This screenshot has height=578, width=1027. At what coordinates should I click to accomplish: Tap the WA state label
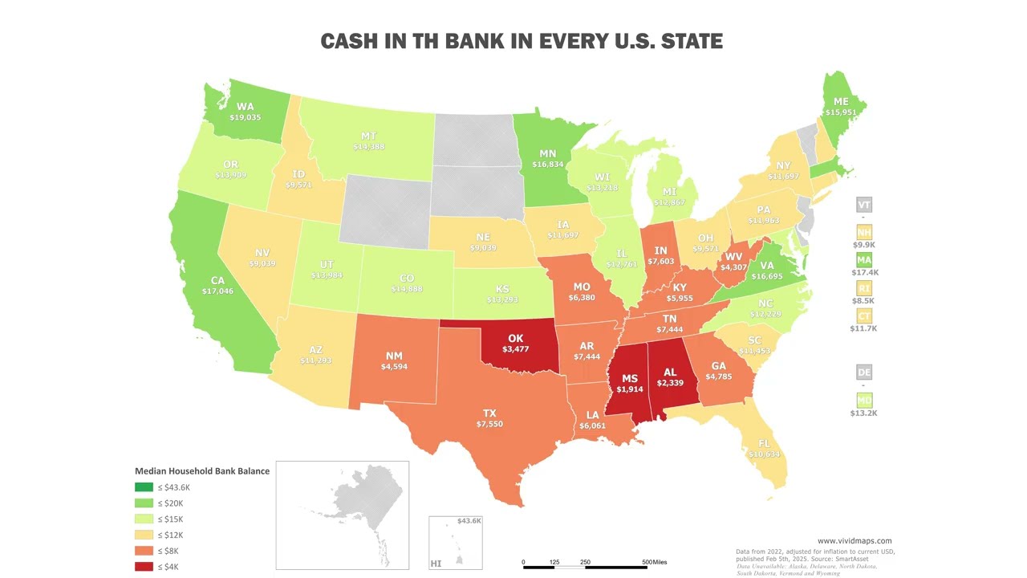click(x=245, y=106)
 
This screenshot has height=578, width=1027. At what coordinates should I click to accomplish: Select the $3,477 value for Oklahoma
click(x=515, y=349)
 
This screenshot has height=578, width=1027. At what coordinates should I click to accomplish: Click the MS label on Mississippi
click(x=630, y=378)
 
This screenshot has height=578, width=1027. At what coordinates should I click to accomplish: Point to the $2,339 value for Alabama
click(x=670, y=383)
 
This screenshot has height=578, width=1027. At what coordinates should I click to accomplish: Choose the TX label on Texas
click(x=489, y=413)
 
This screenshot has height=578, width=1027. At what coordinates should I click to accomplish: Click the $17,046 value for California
click(x=217, y=291)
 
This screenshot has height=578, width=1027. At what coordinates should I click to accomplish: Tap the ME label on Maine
click(x=841, y=102)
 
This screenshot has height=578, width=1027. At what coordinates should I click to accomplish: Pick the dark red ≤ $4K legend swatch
click(x=144, y=567)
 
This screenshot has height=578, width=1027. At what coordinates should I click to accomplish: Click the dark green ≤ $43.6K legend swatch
click(x=144, y=487)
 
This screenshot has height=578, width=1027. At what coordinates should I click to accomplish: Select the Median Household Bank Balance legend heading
click(x=202, y=471)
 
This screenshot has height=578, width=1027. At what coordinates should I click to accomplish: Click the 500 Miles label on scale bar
click(x=654, y=562)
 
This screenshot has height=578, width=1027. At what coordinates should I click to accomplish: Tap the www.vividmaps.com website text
click(x=854, y=541)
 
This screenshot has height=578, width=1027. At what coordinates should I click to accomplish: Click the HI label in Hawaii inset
click(x=436, y=564)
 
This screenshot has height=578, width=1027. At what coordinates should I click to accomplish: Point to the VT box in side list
click(x=864, y=205)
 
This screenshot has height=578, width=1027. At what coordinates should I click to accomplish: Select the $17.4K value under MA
click(x=864, y=272)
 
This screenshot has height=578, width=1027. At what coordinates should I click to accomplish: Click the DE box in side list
click(x=864, y=372)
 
